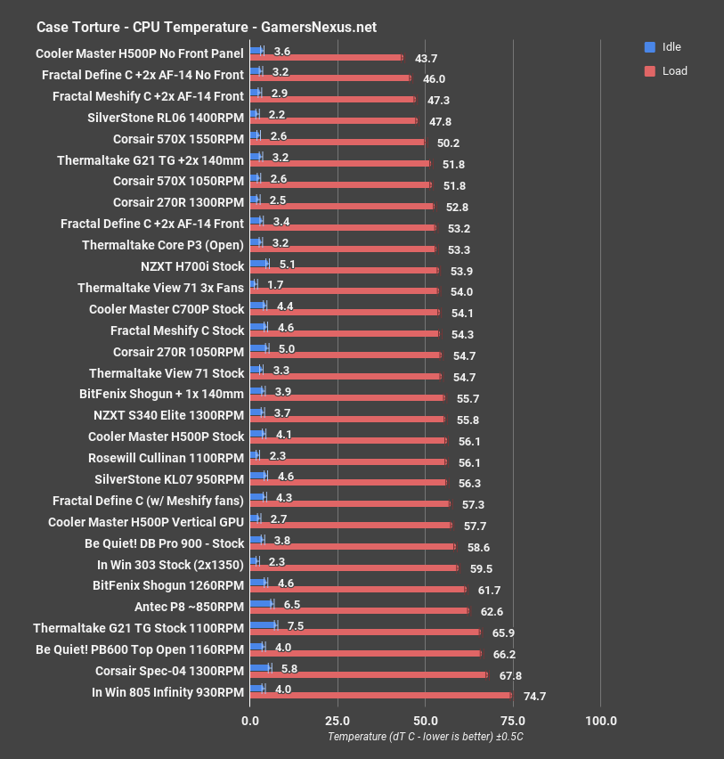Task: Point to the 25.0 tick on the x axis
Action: point(338,720)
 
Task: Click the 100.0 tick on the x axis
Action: point(600,720)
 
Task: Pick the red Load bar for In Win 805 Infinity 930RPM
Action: point(381,695)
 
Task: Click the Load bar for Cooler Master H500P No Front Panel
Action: point(327,58)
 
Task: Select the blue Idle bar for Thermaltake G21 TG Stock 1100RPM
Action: point(264,625)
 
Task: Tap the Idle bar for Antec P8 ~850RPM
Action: point(262,604)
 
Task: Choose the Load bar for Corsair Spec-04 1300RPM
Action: point(369,674)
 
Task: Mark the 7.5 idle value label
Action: point(296,625)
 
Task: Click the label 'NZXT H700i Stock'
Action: point(192,266)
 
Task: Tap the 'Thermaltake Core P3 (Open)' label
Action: point(162,245)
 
